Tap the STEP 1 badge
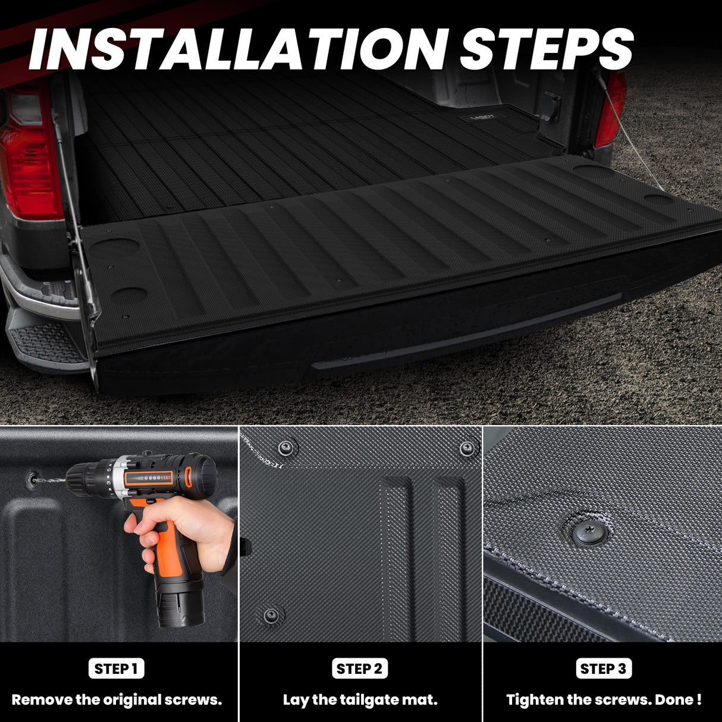117,668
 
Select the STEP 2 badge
360,668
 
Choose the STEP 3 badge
604,668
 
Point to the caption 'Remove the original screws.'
117,700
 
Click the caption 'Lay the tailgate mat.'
360,700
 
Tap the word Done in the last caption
674,700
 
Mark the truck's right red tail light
612,110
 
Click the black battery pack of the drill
179,601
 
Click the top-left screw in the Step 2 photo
287,447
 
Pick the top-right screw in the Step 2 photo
468,447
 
